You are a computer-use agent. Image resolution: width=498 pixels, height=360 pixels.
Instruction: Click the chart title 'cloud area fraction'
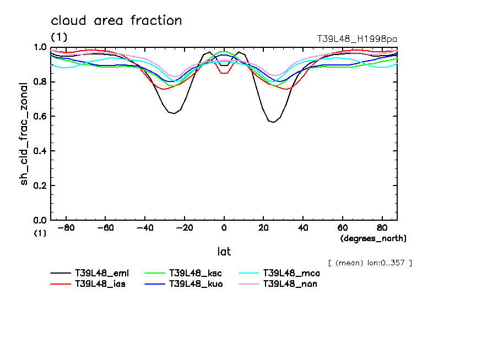click(x=116, y=21)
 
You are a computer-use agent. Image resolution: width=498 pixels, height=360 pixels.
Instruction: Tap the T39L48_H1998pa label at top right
click(x=356, y=39)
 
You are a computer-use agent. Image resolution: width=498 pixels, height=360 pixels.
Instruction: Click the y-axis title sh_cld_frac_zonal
click(x=24, y=134)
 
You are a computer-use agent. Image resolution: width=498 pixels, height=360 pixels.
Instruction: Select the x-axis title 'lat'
click(x=224, y=252)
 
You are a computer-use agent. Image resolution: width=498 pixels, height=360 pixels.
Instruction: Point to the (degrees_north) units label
click(x=373, y=238)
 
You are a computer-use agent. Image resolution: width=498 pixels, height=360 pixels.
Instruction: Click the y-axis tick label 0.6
click(x=40, y=116)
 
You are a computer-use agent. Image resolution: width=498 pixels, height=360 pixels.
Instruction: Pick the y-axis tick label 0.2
click(x=40, y=186)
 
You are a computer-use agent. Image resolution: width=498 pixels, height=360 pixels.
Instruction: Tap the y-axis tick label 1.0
click(x=40, y=47)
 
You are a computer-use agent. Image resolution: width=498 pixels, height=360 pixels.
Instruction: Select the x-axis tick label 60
click(x=342, y=227)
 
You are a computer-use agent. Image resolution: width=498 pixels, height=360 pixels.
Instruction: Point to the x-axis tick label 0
click(x=224, y=227)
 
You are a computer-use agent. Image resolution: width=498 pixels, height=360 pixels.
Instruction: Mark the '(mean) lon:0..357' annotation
click(x=370, y=263)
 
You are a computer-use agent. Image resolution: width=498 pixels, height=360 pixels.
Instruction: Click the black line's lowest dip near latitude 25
click(x=273, y=122)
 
